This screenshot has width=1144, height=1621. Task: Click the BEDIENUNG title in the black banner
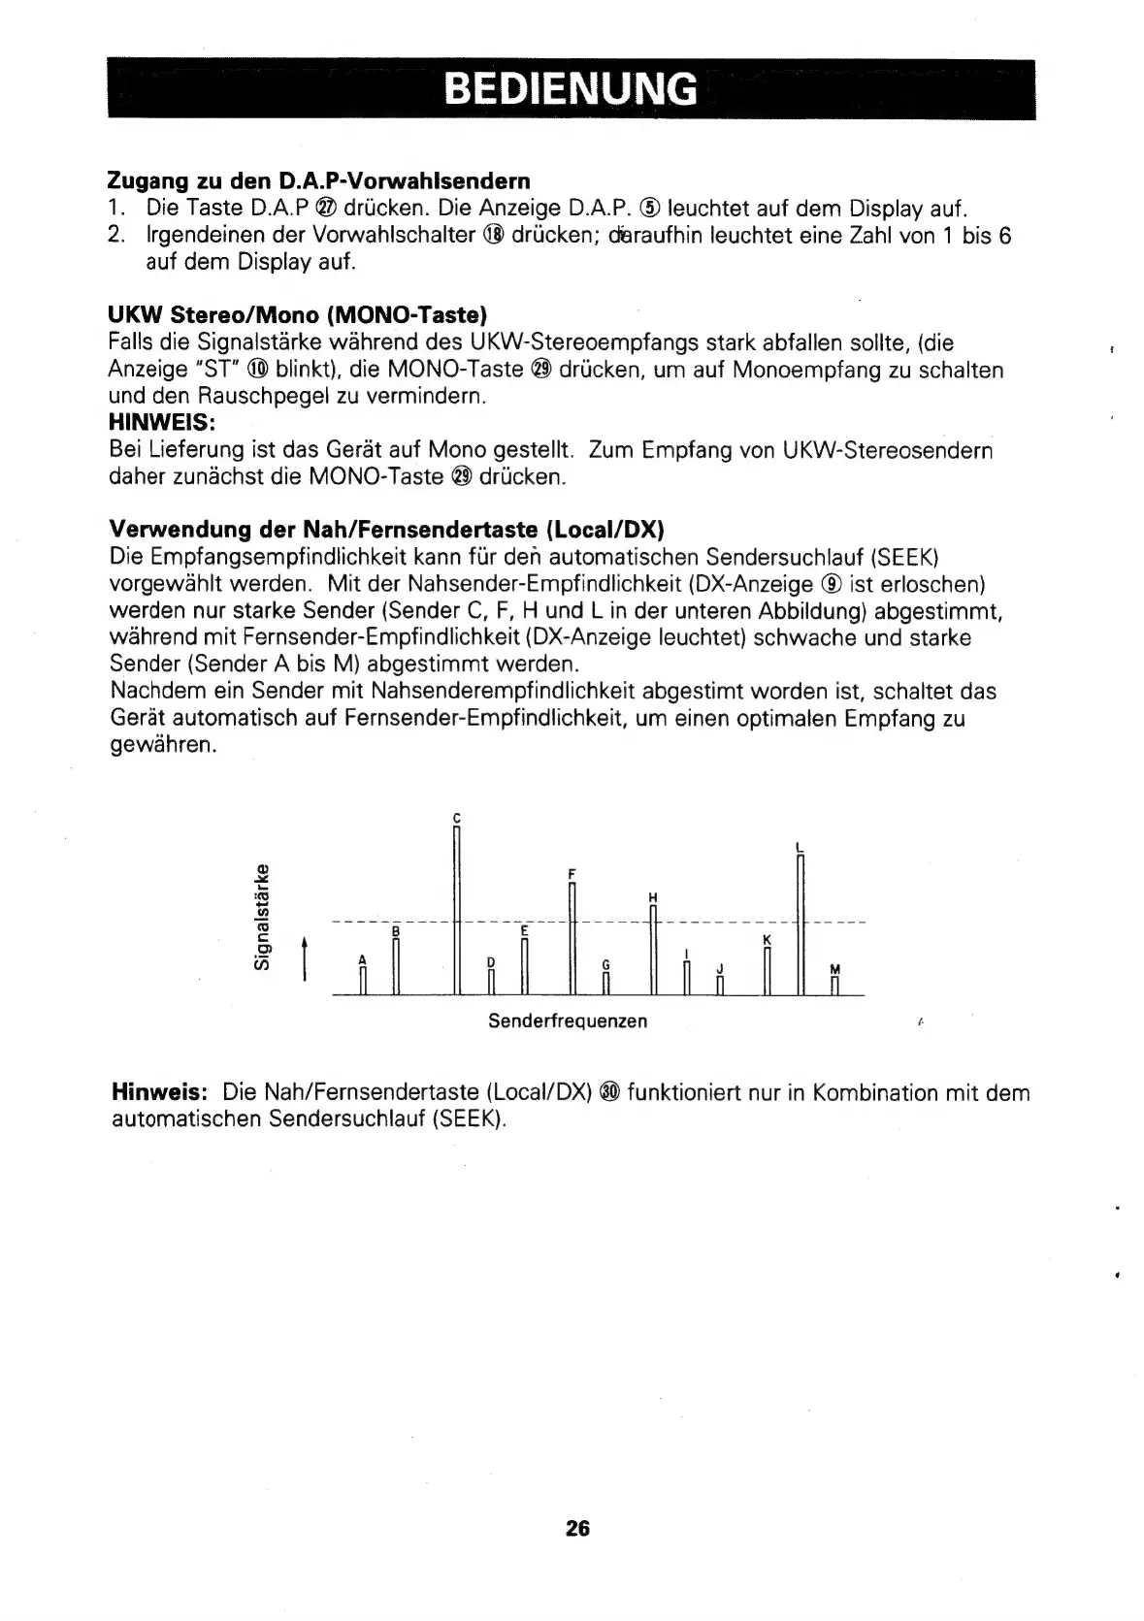[x=571, y=89]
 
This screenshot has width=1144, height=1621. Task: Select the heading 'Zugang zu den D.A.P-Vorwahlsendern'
[x=319, y=180]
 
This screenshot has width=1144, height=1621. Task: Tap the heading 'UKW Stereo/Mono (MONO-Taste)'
[x=297, y=314]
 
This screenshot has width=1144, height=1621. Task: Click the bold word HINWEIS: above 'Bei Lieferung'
[x=164, y=423]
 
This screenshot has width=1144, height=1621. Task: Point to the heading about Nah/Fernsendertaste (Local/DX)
[x=386, y=530]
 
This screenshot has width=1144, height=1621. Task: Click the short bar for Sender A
[x=362, y=981]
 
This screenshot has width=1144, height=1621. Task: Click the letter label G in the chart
[x=605, y=964]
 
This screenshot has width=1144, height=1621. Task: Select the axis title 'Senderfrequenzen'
[x=568, y=1021]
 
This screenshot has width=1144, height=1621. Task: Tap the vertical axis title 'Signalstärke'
[x=260, y=915]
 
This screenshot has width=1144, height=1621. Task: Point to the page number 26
[x=577, y=1529]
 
